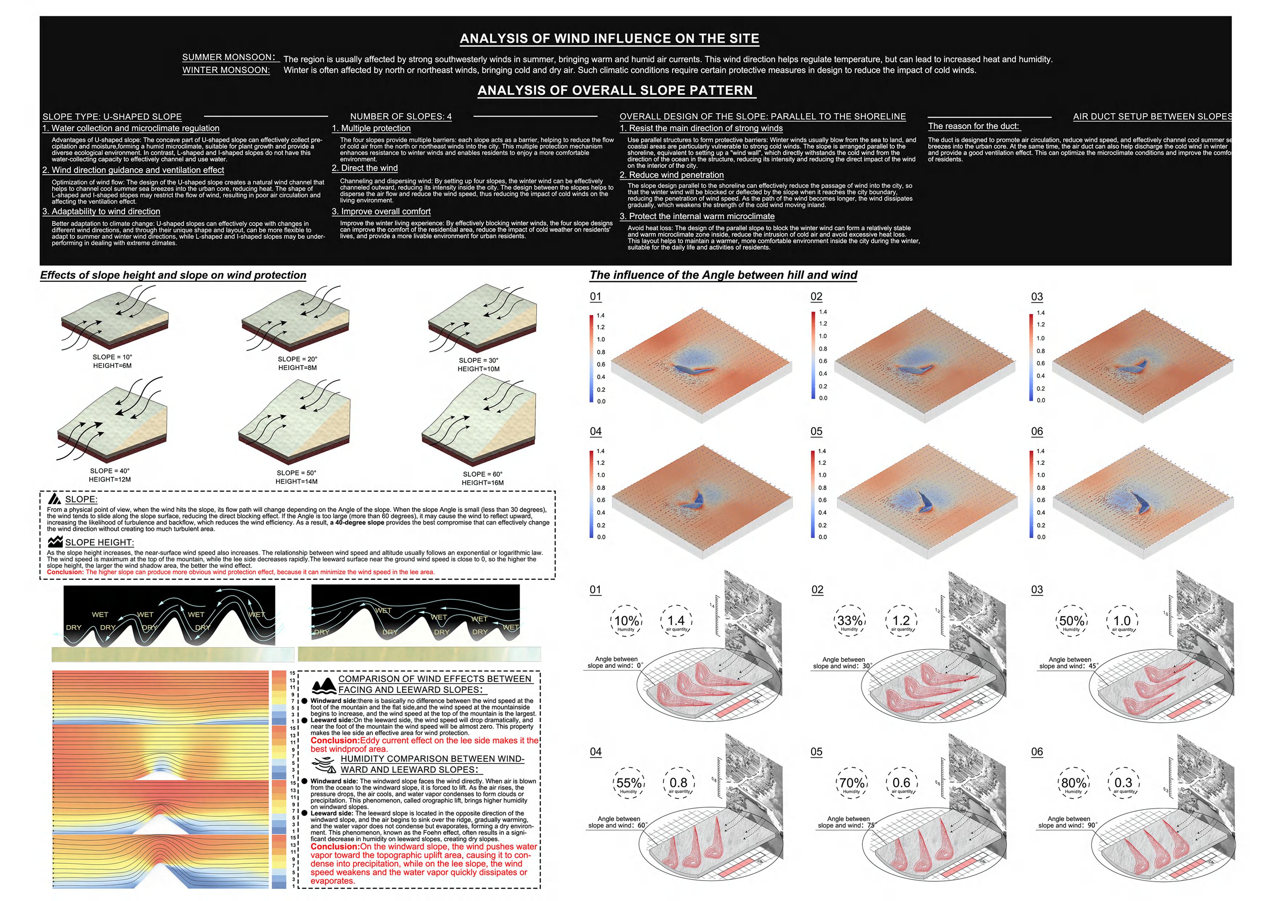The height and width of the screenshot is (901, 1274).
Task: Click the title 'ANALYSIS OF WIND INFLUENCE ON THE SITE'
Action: click(x=609, y=38)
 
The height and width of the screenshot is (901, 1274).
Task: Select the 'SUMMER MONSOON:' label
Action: click(x=228, y=57)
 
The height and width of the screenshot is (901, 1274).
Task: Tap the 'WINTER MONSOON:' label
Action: click(x=226, y=70)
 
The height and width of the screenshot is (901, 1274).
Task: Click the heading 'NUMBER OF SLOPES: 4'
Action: click(x=401, y=117)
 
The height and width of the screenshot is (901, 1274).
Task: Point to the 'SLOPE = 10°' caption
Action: click(x=112, y=357)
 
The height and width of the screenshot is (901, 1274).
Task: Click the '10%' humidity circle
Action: click(x=626, y=621)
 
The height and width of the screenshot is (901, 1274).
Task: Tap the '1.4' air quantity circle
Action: click(x=676, y=621)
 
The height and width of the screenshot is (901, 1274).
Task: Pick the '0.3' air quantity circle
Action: click(x=1123, y=783)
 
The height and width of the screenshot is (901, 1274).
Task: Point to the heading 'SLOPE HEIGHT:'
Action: click(x=99, y=542)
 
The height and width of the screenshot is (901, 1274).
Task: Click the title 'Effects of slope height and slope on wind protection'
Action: click(x=173, y=275)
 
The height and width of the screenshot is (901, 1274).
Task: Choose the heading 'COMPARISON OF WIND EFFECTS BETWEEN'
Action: click(x=434, y=679)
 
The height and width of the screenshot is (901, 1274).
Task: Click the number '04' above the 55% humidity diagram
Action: click(x=595, y=752)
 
